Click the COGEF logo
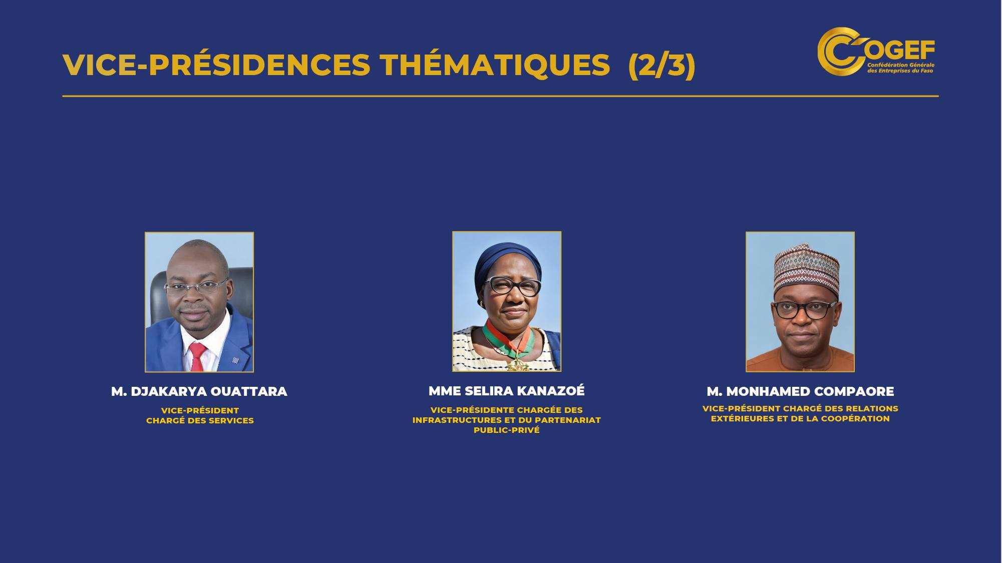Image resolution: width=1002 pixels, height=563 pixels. [x=876, y=52]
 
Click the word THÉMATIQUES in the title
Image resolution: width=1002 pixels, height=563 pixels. [x=495, y=65]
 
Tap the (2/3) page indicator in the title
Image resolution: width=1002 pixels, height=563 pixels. [x=661, y=65]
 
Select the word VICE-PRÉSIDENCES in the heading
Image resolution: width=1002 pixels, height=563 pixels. [x=216, y=65]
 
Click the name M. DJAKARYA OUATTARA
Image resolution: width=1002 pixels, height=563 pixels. [x=199, y=391]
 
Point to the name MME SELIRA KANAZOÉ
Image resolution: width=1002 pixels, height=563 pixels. [x=506, y=391]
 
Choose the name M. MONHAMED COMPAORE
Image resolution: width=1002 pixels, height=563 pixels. [x=800, y=391]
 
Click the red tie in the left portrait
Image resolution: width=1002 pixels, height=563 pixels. [x=197, y=357]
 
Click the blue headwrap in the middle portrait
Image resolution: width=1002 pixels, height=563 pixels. [x=507, y=263]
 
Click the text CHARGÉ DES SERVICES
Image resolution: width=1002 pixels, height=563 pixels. [x=200, y=421]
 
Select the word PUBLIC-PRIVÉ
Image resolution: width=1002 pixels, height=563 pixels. [x=506, y=430]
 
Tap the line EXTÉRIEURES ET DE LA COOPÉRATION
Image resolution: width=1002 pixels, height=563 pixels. [x=800, y=419]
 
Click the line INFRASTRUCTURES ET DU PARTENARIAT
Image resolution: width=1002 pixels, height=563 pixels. [x=506, y=420]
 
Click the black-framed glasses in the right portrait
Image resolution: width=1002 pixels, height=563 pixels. [x=804, y=310]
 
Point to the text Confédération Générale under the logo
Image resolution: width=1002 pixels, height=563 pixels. [x=901, y=65]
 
